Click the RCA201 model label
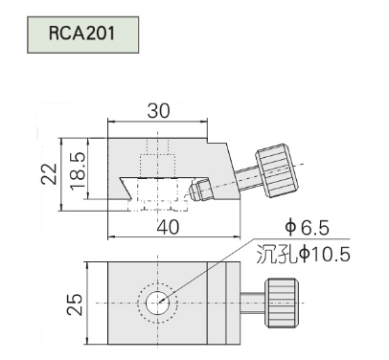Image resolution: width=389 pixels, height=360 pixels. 81,34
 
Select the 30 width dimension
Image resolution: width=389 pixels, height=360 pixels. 159,111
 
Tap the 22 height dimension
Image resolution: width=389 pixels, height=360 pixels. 49,173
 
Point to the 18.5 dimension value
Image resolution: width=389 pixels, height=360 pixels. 79,170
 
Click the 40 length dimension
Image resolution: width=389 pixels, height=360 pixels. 169,227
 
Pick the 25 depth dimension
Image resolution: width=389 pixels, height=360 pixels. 75,304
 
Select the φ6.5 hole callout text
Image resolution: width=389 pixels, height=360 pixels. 307,228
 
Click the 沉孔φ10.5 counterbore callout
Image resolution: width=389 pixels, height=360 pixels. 303,255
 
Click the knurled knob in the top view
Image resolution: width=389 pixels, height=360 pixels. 282,303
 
